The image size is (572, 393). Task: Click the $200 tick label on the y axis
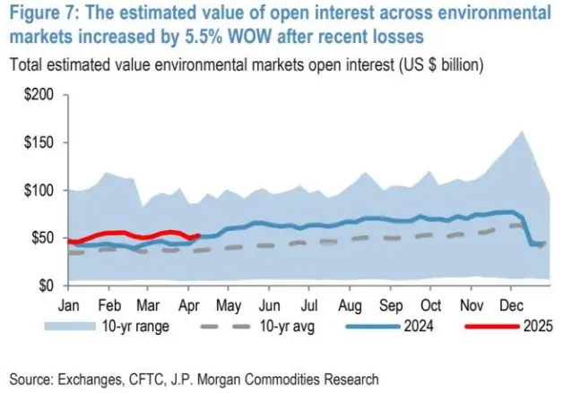click(41, 95)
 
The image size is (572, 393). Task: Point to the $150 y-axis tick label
click(41, 142)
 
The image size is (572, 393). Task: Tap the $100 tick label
click(41, 191)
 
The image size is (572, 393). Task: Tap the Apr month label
click(188, 304)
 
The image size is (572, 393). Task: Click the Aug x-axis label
click(351, 304)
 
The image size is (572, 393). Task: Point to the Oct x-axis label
click(431, 304)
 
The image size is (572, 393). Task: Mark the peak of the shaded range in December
click(521, 132)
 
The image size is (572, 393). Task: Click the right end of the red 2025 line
click(198, 235)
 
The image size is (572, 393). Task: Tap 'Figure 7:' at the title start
click(44, 14)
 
